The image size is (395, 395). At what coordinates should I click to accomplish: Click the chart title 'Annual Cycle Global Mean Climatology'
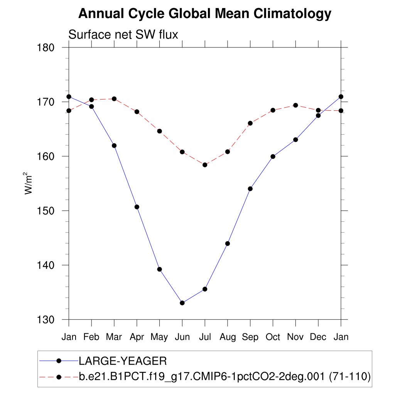point(204,14)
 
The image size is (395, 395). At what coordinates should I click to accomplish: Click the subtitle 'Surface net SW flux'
point(123,35)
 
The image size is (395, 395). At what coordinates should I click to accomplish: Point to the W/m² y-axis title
point(29,183)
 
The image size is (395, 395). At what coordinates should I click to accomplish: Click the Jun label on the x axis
point(182,337)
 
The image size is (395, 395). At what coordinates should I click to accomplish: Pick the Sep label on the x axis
point(250,337)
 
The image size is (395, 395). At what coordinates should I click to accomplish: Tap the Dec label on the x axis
point(318,337)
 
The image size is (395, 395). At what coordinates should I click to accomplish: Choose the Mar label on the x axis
point(114,337)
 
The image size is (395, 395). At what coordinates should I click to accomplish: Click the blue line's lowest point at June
point(182,303)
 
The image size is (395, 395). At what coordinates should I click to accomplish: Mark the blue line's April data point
point(137,207)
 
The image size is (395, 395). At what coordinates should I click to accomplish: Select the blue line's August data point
point(228,243)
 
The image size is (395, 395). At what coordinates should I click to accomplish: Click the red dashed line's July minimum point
point(205,165)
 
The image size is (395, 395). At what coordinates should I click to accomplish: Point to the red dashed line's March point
point(114,99)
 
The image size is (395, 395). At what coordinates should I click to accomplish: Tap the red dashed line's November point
point(295,105)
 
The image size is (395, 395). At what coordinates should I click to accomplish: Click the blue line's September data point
point(250,189)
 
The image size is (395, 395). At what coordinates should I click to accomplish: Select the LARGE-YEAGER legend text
point(123,361)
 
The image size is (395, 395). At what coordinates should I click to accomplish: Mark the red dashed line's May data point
point(159,131)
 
